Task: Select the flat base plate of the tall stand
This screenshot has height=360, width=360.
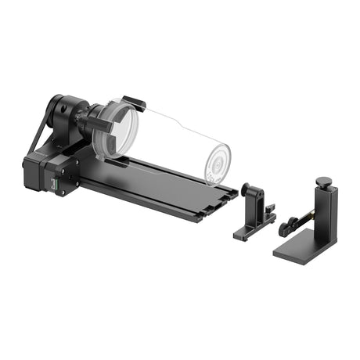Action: tap(301, 249)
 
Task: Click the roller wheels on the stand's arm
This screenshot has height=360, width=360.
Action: tap(286, 227)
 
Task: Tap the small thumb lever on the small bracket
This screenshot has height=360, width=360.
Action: tap(270, 210)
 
